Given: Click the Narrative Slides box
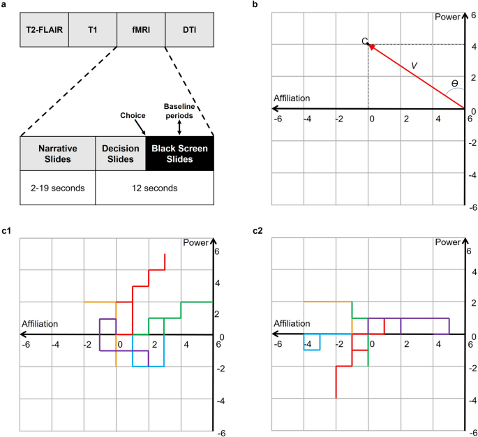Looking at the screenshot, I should [57, 154].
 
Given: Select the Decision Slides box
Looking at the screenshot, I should [119, 154].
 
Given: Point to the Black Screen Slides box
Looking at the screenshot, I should [179, 154].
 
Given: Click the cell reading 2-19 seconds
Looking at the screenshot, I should [57, 188].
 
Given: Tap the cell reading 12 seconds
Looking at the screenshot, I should [154, 188].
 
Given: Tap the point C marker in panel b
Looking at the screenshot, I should [369, 45].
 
